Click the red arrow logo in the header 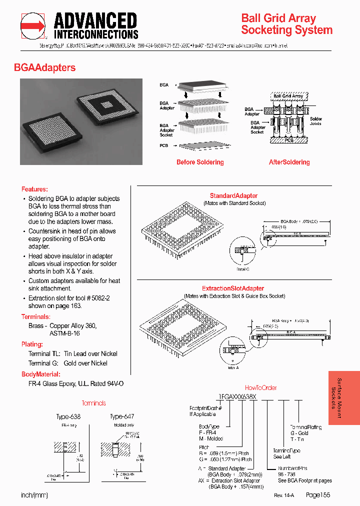click(x=32, y=25)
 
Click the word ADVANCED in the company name click(x=95, y=21)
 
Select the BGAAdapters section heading click(x=45, y=67)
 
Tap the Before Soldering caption click(x=200, y=162)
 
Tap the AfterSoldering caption click(x=289, y=162)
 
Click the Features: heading click(x=34, y=189)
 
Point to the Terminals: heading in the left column click(x=35, y=317)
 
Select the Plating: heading click(x=32, y=344)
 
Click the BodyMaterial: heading click(x=41, y=374)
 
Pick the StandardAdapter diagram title click(x=233, y=196)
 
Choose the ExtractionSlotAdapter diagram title click(x=233, y=288)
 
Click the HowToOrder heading click(x=260, y=387)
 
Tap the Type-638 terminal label click(x=68, y=416)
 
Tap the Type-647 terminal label click(x=122, y=416)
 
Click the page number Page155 click(x=318, y=494)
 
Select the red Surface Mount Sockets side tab click(x=344, y=397)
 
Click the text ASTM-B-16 click(x=64, y=333)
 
